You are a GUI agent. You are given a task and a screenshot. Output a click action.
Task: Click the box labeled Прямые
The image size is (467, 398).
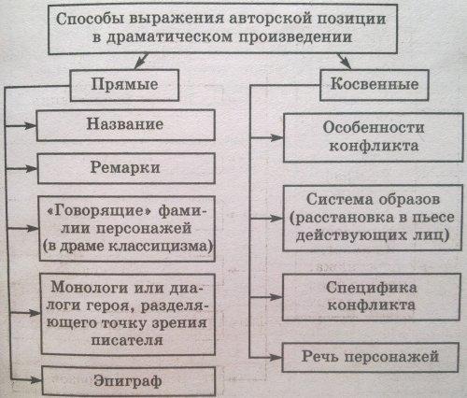[x=124, y=85]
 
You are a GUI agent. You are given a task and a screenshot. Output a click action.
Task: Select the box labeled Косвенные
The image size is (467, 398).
[x=375, y=85]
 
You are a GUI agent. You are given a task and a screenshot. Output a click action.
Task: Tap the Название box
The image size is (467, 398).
[x=126, y=125]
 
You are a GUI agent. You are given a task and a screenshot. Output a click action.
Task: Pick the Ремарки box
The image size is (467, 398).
[x=126, y=168]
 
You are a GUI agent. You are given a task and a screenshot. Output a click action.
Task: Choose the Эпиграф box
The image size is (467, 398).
[x=128, y=381]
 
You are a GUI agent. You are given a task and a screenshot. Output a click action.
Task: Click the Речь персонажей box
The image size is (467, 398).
[x=371, y=357]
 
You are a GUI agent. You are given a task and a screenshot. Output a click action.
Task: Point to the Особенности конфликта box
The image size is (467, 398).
[x=373, y=137]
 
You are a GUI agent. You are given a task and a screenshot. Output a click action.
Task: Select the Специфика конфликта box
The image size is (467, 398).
[x=371, y=297]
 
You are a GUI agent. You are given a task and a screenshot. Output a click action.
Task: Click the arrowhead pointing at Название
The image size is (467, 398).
[x=31, y=125]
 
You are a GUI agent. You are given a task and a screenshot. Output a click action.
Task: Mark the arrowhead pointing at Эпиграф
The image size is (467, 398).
[x=35, y=380]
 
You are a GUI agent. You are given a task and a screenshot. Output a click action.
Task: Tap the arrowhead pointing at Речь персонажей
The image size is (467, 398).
[x=276, y=357]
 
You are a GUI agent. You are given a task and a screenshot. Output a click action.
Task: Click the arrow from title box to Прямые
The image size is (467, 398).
[x=141, y=61]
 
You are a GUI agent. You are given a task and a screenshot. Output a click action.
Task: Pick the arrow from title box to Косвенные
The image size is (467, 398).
[x=345, y=61]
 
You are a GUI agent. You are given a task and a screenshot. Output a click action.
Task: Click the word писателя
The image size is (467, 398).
[x=127, y=340]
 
